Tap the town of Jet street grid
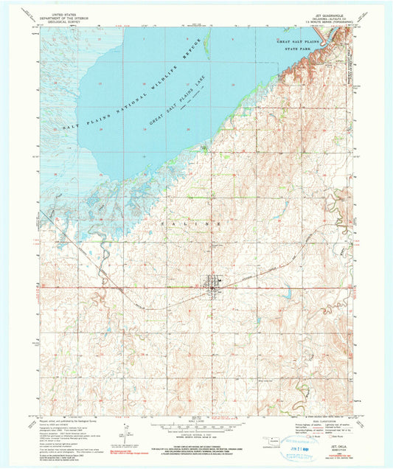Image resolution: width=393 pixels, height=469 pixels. pyautogui.click(x=215, y=283)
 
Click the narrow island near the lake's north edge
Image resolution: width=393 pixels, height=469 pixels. pyautogui.click(x=209, y=44)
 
